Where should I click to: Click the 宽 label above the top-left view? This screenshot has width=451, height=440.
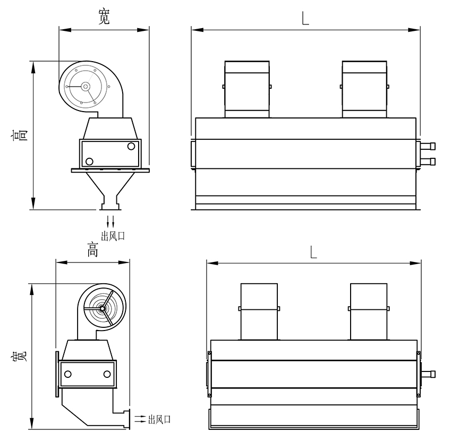click(x=104, y=16)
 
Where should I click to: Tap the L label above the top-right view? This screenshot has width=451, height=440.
click(x=305, y=19)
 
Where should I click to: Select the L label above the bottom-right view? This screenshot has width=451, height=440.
click(x=313, y=252)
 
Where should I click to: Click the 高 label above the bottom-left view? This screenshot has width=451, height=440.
click(x=92, y=250)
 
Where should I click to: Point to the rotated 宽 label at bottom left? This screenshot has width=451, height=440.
click(x=19, y=356)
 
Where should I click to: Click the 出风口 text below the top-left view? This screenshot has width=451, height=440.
click(x=113, y=236)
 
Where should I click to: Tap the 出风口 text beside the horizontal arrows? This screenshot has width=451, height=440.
click(x=159, y=419)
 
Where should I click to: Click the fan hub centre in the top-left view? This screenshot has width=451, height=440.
click(x=85, y=86)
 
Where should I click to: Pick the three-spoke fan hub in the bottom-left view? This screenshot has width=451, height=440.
click(x=102, y=309)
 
